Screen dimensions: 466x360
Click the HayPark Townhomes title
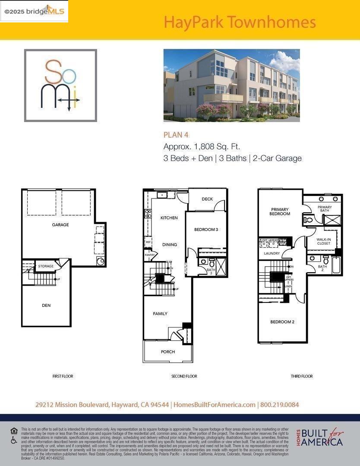(x=240, y=22)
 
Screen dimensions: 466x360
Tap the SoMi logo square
(x=60, y=85)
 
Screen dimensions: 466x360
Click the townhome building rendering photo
(x=231, y=85)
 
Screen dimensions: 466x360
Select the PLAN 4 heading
(x=176, y=135)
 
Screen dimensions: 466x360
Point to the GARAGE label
(x=60, y=225)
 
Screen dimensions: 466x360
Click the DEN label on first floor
(x=46, y=305)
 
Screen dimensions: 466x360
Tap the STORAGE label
(x=46, y=266)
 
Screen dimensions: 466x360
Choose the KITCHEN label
(x=169, y=218)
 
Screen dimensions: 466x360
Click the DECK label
(x=207, y=199)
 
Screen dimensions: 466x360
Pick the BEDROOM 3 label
(x=206, y=230)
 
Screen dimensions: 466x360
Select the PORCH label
(x=168, y=352)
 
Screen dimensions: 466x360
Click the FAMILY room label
(x=160, y=314)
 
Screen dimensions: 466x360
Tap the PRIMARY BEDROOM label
(x=279, y=211)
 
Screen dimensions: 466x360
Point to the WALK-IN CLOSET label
(x=324, y=241)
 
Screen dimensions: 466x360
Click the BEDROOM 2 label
(x=282, y=322)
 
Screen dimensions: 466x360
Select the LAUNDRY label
(x=272, y=253)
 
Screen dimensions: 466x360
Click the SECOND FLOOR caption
(x=184, y=376)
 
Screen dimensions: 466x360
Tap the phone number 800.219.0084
(x=280, y=405)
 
